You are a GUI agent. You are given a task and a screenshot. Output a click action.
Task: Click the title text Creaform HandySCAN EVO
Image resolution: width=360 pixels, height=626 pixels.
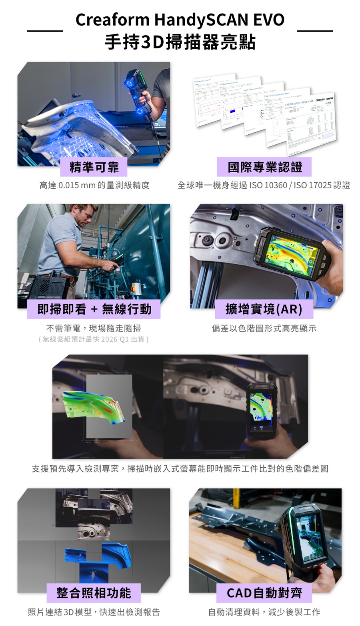[x=180, y=19]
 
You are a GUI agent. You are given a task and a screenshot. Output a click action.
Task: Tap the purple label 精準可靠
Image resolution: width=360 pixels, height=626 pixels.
[x=94, y=167]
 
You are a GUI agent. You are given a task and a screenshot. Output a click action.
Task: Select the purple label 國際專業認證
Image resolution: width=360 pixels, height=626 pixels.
[x=264, y=167]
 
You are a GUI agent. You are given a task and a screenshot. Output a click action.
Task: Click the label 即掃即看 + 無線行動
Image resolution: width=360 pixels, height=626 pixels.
[x=94, y=309]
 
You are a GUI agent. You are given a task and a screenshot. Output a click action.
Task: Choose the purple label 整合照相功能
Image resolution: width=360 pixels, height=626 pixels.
[x=94, y=593]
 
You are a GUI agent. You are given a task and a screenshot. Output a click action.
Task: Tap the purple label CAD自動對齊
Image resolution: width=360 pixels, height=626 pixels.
[x=264, y=593]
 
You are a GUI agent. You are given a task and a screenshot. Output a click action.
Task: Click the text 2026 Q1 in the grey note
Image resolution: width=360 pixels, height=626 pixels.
[x=114, y=339]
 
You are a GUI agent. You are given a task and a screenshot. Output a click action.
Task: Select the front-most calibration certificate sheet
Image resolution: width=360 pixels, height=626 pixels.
[x=310, y=124]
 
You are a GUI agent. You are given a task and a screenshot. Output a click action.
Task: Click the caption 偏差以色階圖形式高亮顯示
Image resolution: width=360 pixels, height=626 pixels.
[x=264, y=328]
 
